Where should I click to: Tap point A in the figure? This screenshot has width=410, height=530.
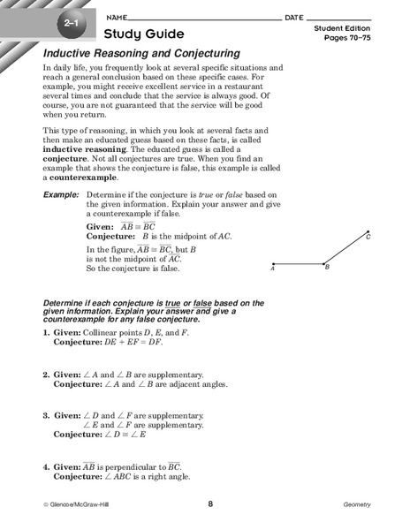pos(273,263)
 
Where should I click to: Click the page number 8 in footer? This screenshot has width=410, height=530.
pos(210,504)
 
